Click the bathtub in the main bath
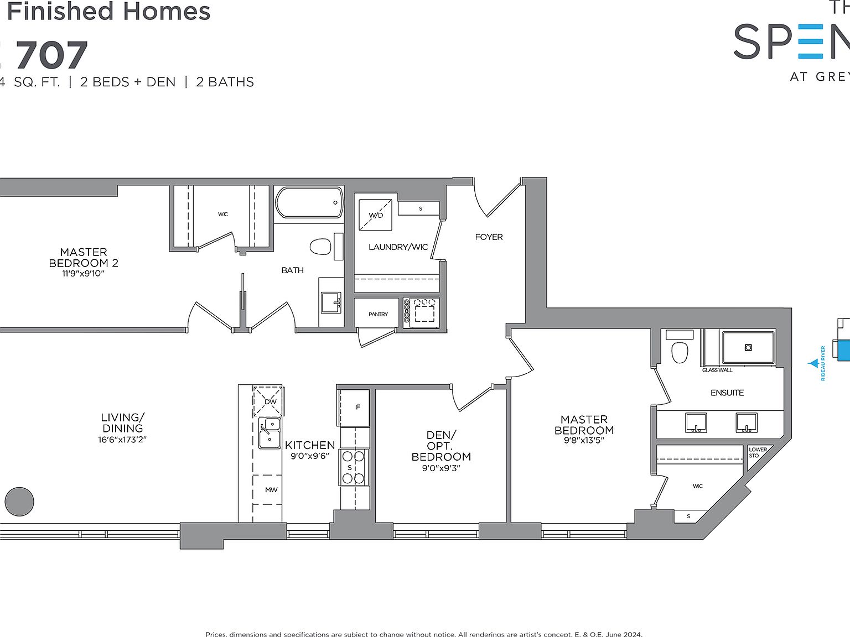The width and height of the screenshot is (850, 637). coord(309,203)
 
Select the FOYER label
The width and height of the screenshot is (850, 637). coord(489,237)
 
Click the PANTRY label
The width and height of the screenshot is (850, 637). coord(378,314)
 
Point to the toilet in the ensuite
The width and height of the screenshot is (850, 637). coord(680,352)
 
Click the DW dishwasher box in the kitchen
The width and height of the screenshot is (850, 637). coord(268,401)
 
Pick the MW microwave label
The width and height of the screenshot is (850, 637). coord(271,490)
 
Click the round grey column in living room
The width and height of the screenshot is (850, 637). coord(19,502)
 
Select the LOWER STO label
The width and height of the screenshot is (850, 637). coord(757,452)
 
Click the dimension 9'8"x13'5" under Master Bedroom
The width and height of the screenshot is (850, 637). coord(584,441)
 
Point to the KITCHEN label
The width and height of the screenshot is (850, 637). coord(310,445)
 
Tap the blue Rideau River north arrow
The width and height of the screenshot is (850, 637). coord(813,363)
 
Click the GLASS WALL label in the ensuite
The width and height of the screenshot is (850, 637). coord(717,370)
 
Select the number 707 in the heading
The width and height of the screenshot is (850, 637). coord(52,56)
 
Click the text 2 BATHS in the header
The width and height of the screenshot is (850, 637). coord(225,82)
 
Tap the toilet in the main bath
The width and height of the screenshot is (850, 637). coord(320,246)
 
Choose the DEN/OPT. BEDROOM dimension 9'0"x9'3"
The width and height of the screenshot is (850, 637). coord(441,468)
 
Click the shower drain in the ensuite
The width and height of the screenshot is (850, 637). coord(748,347)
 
